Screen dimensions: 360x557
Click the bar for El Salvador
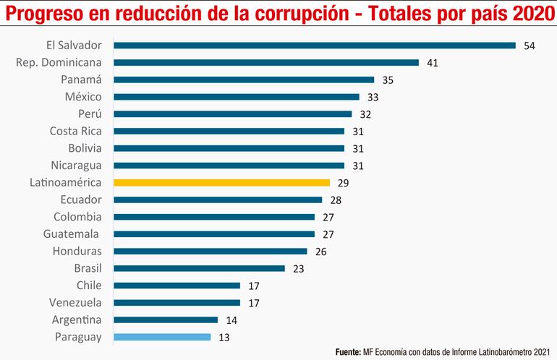315,46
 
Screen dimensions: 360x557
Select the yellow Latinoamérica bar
222,183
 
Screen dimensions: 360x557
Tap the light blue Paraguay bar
163,337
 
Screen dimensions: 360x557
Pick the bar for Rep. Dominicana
266,63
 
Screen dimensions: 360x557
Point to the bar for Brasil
200,268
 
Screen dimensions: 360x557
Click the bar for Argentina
166,320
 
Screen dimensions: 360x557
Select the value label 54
529,46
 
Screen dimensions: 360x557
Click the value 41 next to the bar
433,63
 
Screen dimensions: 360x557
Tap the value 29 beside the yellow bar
344,183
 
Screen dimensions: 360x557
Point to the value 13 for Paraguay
224,337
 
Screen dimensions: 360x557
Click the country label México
84,97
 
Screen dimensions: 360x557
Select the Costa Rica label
75,131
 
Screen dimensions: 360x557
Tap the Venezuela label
75,302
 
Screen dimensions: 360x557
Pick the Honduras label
77,251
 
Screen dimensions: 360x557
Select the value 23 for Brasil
298,268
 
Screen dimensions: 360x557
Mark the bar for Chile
177,286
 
